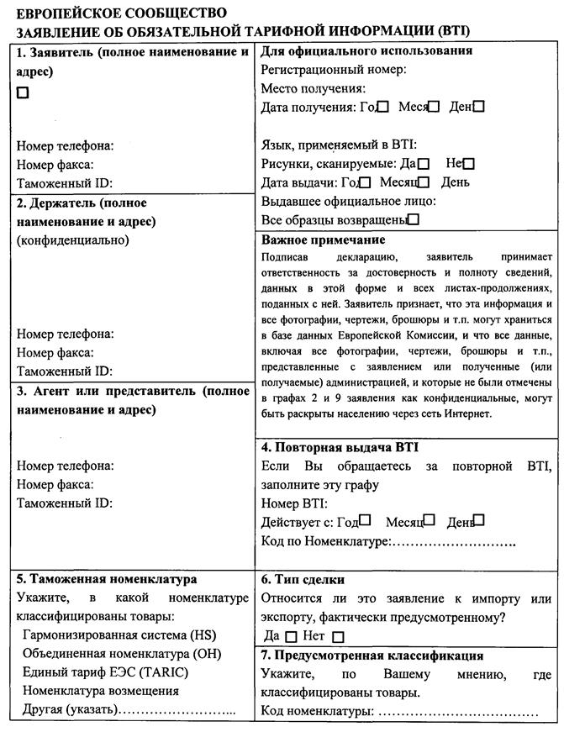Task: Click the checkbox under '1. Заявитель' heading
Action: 23,93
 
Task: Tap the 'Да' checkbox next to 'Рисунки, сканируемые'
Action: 424,164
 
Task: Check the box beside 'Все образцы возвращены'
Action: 413,220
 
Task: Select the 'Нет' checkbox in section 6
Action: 339,637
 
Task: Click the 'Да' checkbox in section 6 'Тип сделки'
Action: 291,637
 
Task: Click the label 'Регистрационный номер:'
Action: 334,70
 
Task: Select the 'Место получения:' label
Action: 313,88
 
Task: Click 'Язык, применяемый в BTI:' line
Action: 339,145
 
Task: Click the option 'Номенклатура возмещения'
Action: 101,691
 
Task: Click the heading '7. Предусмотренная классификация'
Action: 372,656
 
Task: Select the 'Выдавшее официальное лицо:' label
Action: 348,201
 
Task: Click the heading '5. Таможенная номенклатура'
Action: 107,580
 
